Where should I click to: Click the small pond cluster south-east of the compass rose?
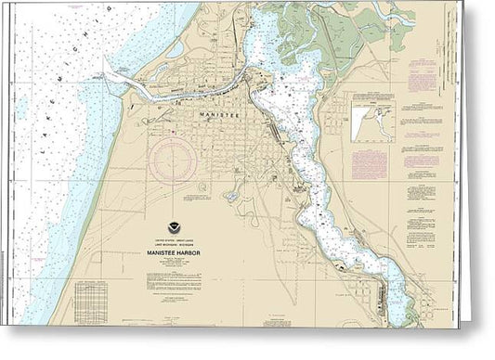[x=229, y=196]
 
